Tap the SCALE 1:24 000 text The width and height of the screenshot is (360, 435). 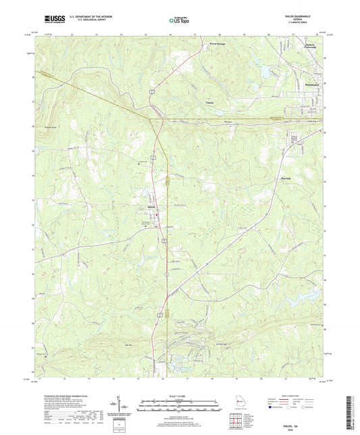(180, 386)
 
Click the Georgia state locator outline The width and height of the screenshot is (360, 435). (241, 403)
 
